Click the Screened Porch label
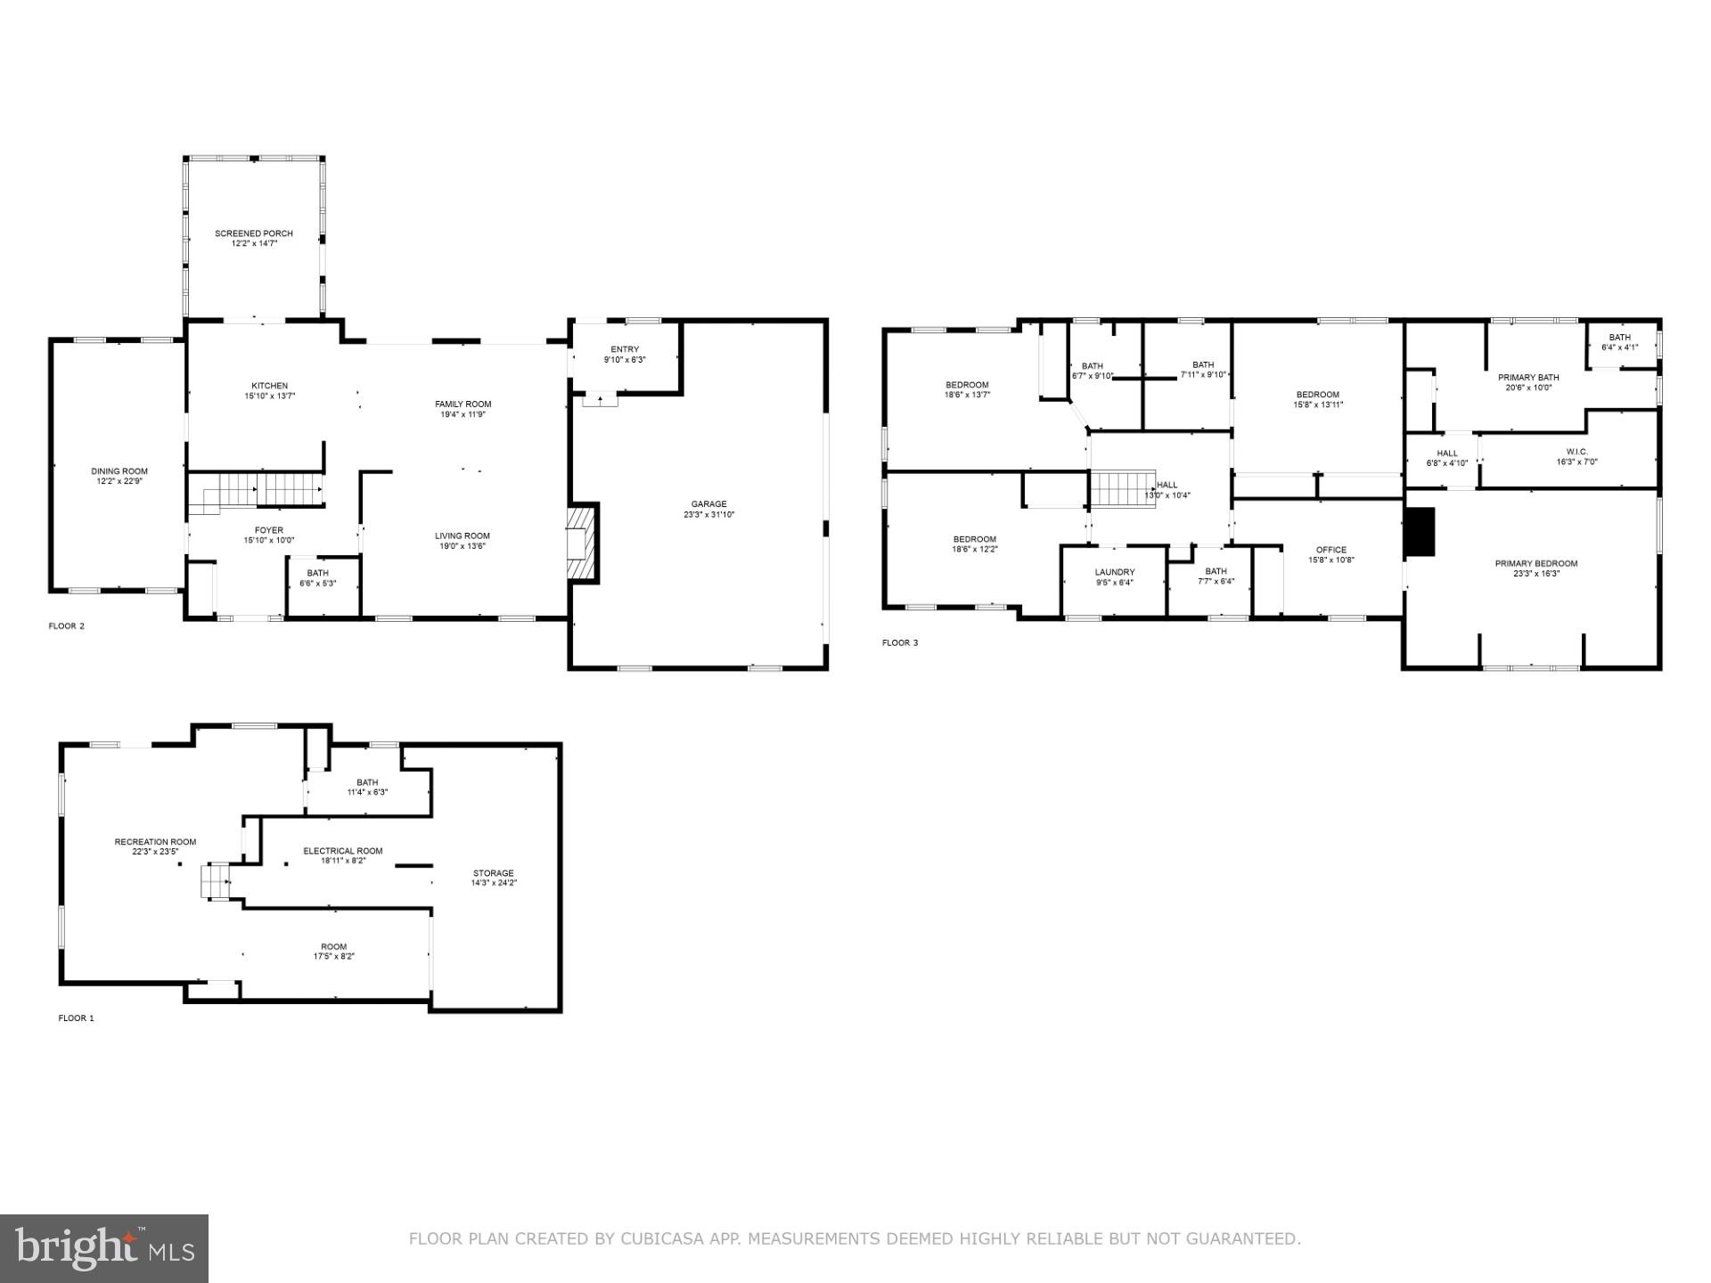(x=253, y=233)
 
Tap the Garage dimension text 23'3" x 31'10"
(x=708, y=515)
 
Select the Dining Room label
(x=119, y=471)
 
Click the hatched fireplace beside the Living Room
(x=582, y=543)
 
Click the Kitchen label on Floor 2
(x=269, y=386)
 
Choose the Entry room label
(x=625, y=349)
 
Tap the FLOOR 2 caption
(x=66, y=626)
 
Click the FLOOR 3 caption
(x=900, y=643)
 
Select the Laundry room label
(x=1115, y=572)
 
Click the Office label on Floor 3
(x=1331, y=550)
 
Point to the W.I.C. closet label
(x=1576, y=452)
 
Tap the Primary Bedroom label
(x=1536, y=563)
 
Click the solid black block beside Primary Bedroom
(x=1419, y=532)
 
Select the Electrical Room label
(x=343, y=851)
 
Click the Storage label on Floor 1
(x=494, y=873)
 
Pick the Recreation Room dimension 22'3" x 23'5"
(x=155, y=852)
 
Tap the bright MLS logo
(x=104, y=1248)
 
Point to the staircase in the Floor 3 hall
(x=1124, y=488)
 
